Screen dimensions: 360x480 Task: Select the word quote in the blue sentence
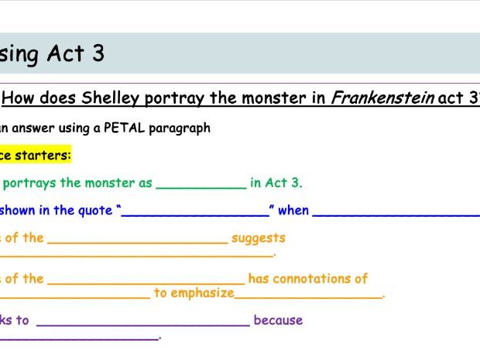tap(97, 210)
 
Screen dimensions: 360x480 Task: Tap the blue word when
tap(293, 210)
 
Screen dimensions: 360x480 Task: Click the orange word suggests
tap(259, 238)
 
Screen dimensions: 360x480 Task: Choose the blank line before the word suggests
tap(138, 242)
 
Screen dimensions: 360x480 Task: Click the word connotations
tap(328, 279)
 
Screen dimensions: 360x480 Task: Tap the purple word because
tap(278, 320)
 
